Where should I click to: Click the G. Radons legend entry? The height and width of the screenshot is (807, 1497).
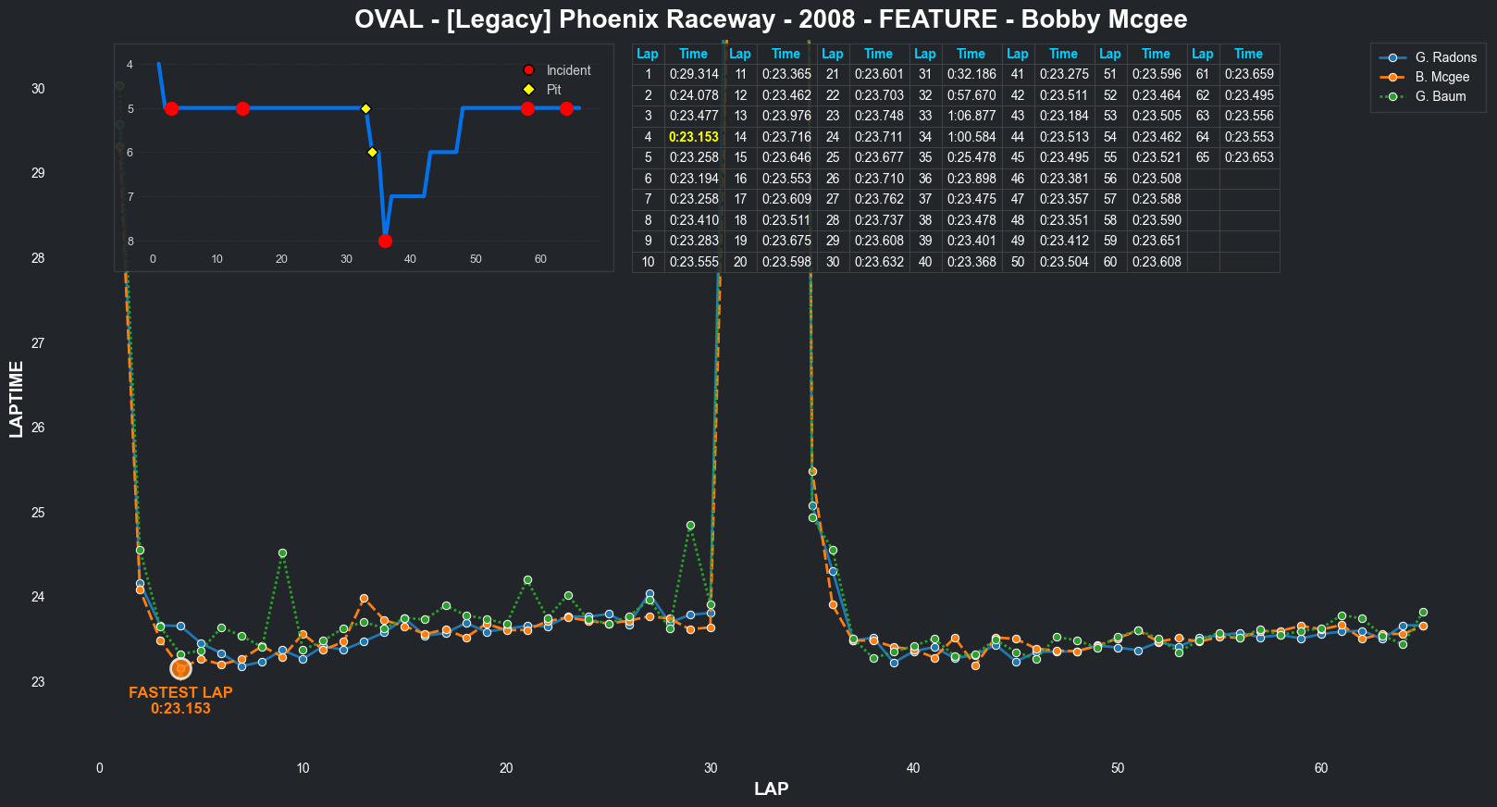[1445, 57]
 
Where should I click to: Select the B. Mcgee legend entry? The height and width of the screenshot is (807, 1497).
[1441, 77]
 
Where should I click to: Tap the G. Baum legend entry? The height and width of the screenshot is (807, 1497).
[1440, 96]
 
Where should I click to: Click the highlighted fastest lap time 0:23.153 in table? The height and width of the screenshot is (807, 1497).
[694, 137]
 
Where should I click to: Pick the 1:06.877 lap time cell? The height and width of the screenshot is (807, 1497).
[971, 116]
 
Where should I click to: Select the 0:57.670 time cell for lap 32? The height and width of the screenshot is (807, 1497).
[971, 95]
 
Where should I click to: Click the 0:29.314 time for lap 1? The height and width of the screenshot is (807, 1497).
[694, 74]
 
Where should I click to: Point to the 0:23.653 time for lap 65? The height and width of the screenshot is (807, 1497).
[1249, 157]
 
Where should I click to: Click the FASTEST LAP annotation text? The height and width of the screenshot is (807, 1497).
[180, 692]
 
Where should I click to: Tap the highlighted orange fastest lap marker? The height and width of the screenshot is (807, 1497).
[180, 668]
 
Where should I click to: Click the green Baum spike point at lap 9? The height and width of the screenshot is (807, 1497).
[282, 553]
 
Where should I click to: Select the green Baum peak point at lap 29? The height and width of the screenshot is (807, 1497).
[690, 526]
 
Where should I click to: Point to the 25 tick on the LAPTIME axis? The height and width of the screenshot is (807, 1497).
[38, 513]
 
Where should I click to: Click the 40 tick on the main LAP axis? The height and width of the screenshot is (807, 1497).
[913, 768]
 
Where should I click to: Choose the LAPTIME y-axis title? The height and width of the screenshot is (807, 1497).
[17, 399]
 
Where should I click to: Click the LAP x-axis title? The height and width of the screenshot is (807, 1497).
[771, 788]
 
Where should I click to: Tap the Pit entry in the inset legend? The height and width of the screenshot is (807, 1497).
[553, 90]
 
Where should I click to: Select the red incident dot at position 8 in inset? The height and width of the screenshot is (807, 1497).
[385, 242]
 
